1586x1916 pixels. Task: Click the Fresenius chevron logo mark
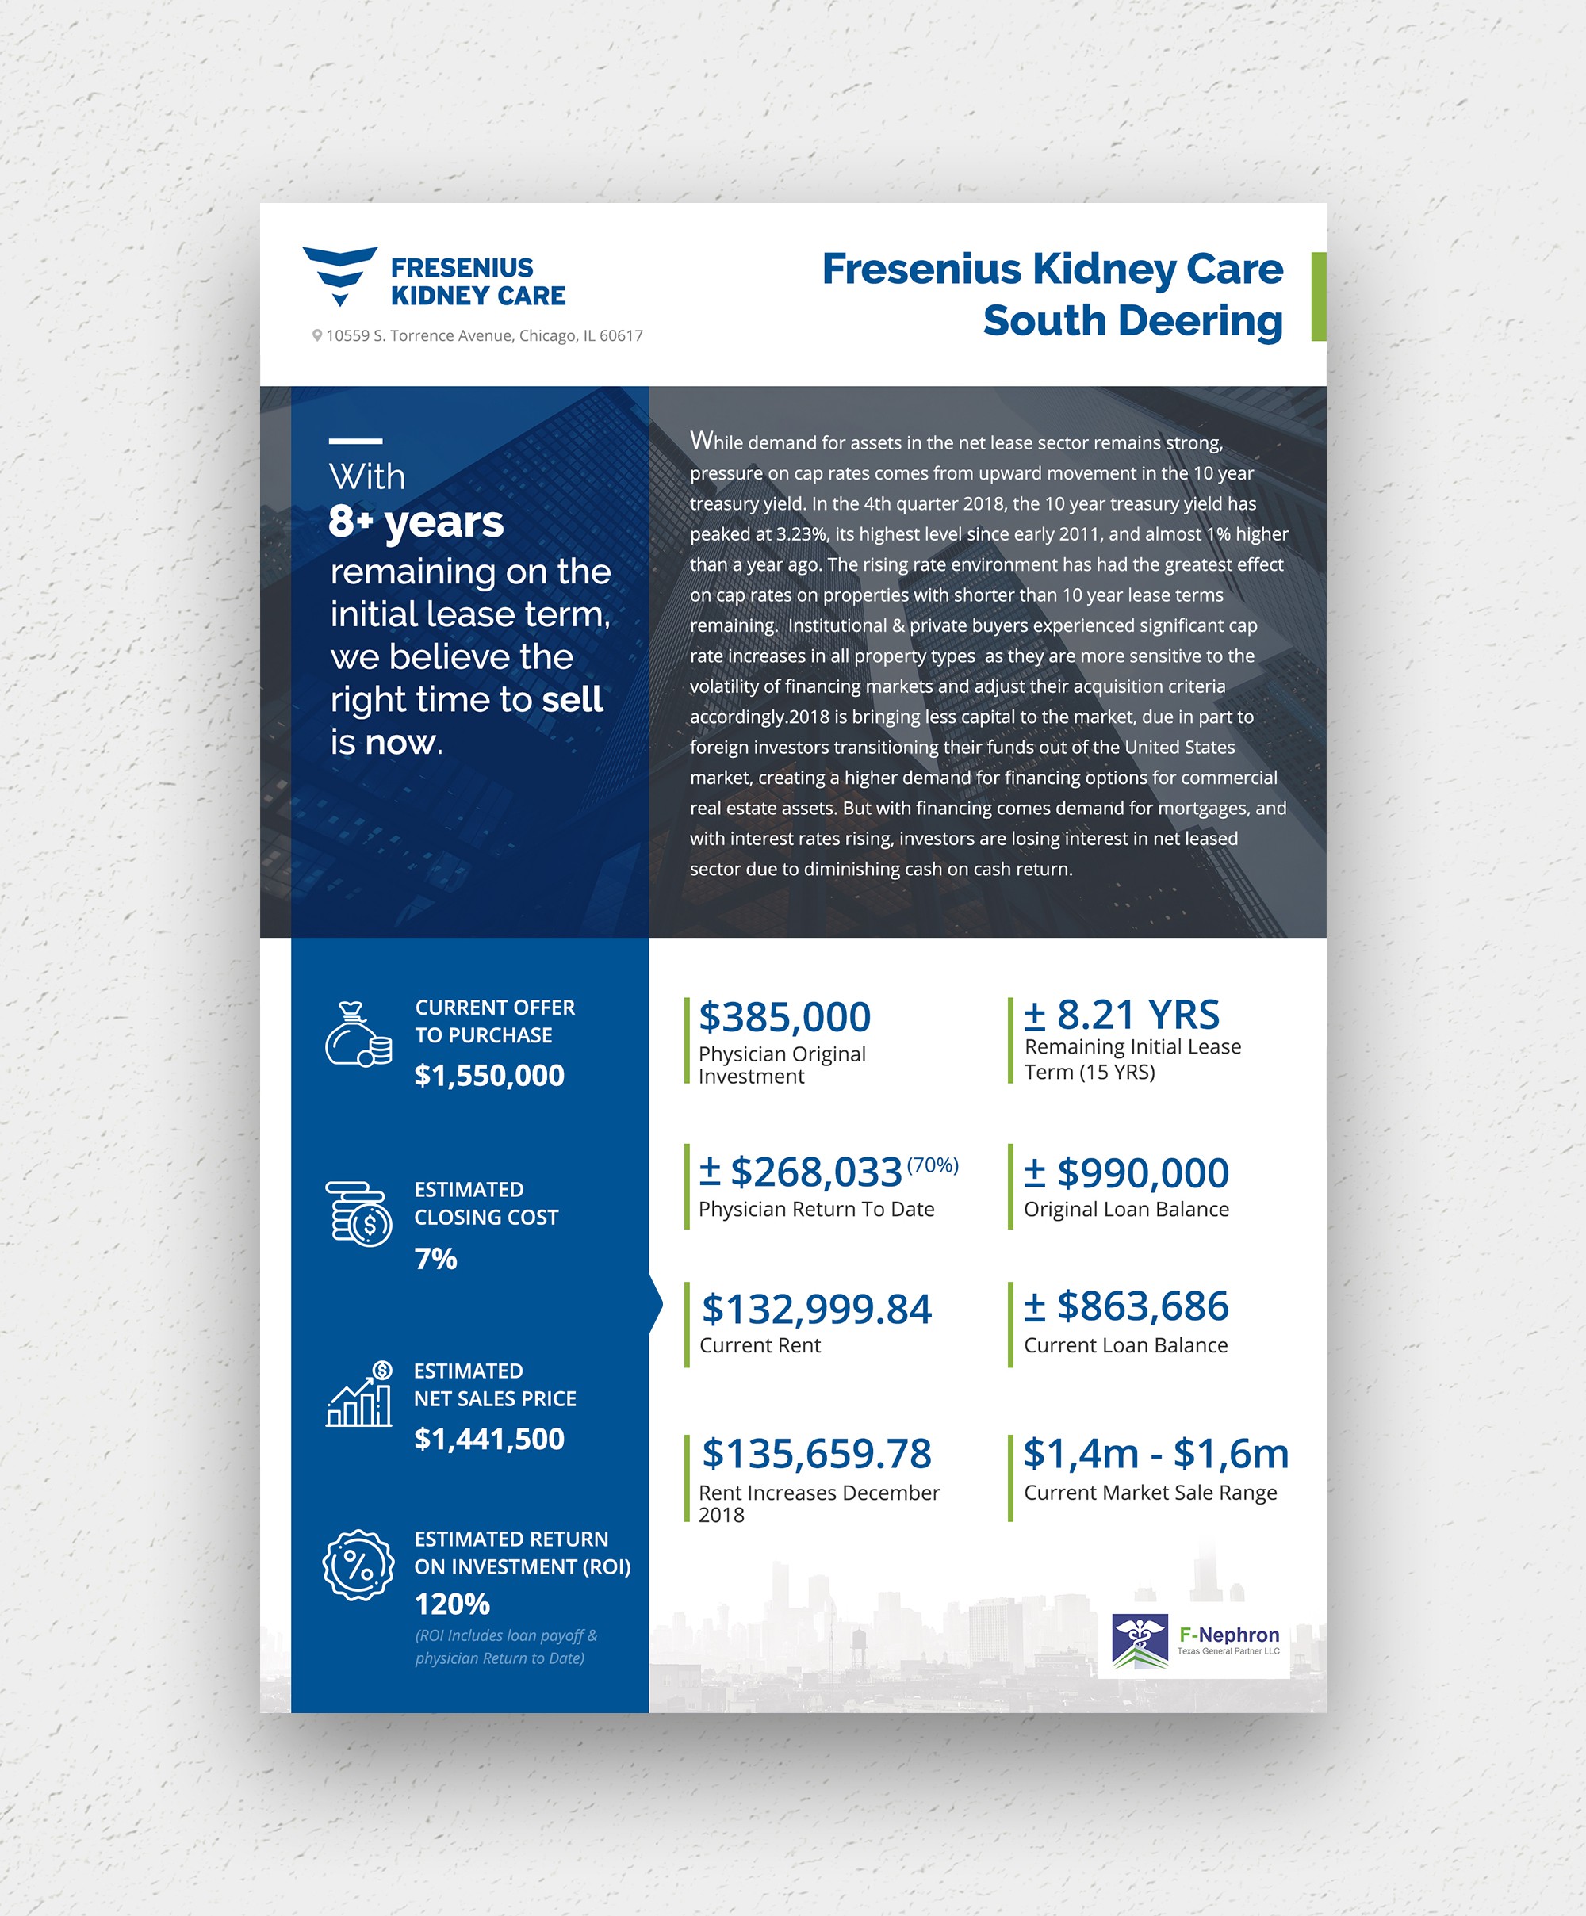[339, 274]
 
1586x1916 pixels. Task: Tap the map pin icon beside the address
[316, 336]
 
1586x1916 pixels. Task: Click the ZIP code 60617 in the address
[621, 336]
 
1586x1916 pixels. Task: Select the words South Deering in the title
[1132, 321]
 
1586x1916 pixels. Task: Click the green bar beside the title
[1318, 296]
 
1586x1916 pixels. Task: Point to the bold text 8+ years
[416, 522]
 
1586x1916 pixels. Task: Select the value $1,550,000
[489, 1076]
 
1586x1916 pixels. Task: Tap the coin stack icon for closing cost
[358, 1214]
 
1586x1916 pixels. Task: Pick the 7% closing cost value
[435, 1259]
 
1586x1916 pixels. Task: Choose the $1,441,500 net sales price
[489, 1439]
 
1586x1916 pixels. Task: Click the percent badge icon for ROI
[358, 1566]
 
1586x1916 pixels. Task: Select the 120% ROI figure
[452, 1604]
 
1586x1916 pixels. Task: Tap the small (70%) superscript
[932, 1165]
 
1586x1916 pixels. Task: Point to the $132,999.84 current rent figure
[816, 1310]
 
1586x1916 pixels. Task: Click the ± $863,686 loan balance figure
[1126, 1306]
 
